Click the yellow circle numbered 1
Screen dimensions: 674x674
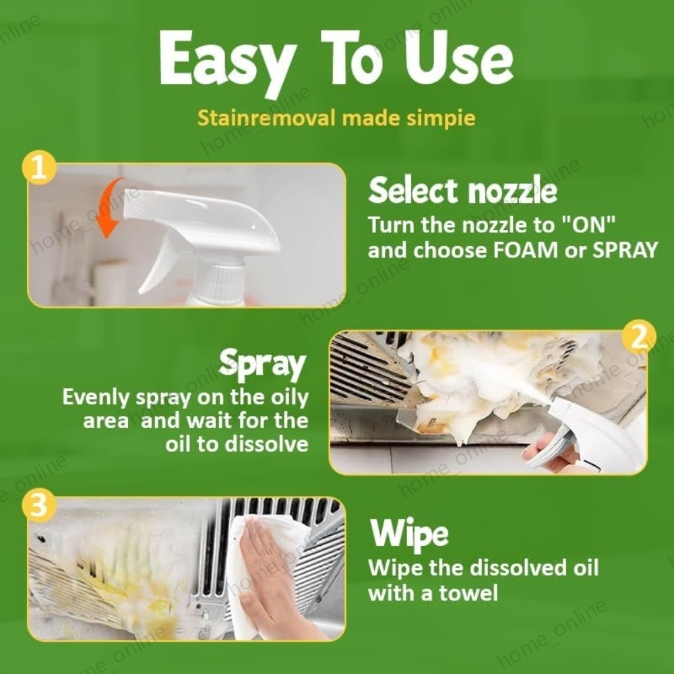click(x=39, y=167)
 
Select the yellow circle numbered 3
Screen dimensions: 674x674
click(x=38, y=503)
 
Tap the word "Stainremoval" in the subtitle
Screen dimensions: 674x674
click(x=266, y=117)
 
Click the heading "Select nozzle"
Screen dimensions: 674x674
click(x=462, y=191)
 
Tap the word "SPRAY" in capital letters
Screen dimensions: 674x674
click(x=625, y=250)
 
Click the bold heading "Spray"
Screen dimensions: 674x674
click(x=262, y=365)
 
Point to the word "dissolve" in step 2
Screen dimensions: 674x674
click(x=266, y=443)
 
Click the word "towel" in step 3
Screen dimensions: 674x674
click(x=468, y=593)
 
